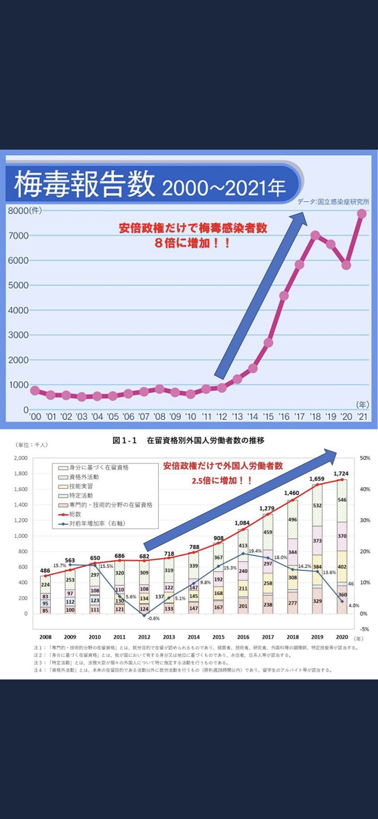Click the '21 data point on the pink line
pos(362,214)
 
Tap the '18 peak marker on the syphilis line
pos(315,235)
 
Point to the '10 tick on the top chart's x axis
pos(191,417)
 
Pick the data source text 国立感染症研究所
pos(343,202)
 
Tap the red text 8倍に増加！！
pos(193,243)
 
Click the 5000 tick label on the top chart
pos(18,286)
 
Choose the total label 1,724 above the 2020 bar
pos(341,473)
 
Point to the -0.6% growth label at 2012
pos(153,618)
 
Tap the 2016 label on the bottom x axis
pos(243,637)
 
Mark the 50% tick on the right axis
pos(365,458)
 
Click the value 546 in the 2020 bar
pos(342,500)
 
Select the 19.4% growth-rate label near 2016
pos(255,551)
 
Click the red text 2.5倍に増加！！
pos(222,480)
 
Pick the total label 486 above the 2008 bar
pos(45,571)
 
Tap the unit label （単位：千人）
pos(32,445)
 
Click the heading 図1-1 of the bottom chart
pos(125,440)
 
